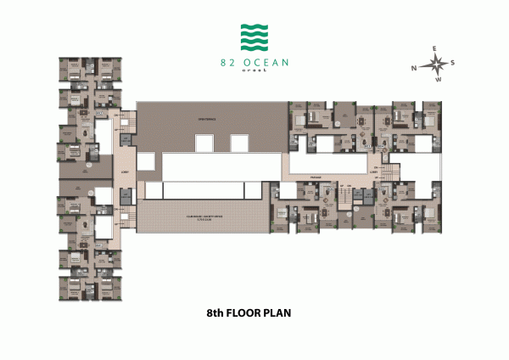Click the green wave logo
254,37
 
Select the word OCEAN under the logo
264,61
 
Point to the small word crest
254,71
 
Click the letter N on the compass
415,67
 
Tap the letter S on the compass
453,63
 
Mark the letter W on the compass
439,81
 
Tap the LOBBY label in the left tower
124,169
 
